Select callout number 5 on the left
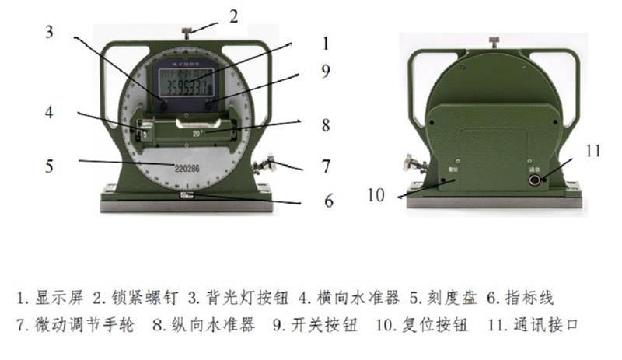pos(48,165)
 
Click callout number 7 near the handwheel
pos(326,166)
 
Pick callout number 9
pos(326,71)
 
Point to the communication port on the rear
pos(536,178)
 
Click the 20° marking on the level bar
pos(199,133)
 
